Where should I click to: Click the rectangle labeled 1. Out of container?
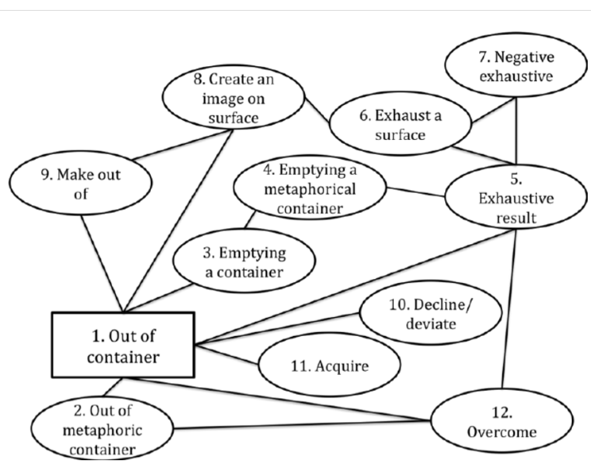(124, 345)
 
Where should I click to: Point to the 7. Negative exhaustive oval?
(517, 68)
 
